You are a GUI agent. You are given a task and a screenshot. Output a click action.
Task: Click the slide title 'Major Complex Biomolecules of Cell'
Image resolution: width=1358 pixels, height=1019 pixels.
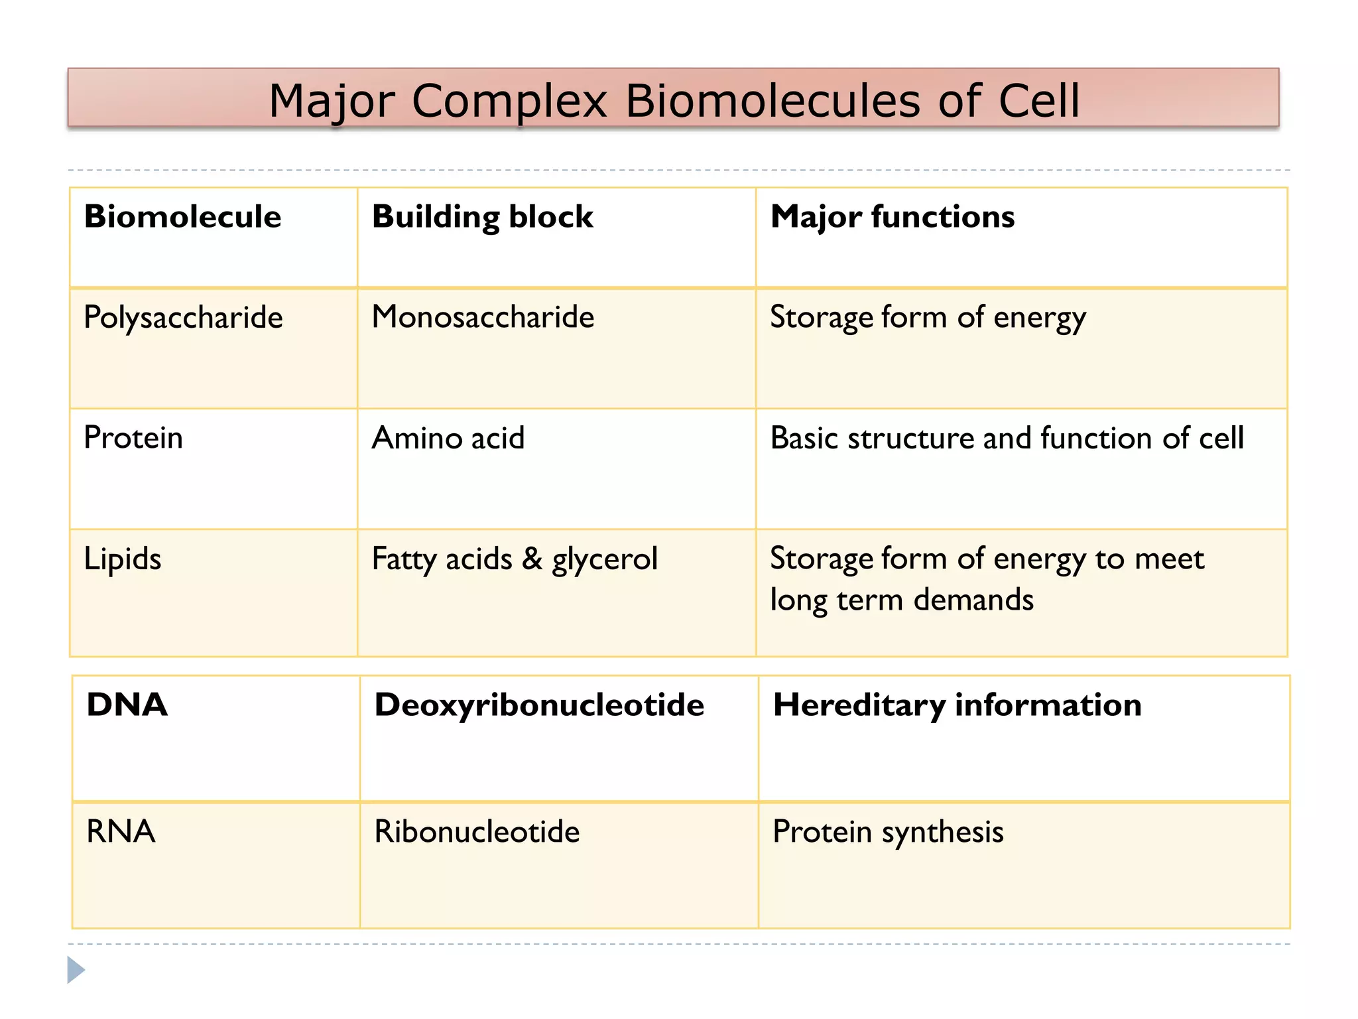[674, 101]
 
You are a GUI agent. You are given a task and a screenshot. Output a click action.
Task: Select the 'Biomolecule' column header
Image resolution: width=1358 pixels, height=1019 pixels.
[183, 217]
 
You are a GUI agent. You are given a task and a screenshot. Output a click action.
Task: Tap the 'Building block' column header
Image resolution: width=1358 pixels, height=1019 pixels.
[483, 217]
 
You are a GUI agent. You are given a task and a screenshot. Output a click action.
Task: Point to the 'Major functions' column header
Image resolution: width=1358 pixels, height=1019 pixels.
[893, 217]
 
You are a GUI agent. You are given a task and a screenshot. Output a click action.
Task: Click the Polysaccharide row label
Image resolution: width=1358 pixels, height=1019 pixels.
[184, 318]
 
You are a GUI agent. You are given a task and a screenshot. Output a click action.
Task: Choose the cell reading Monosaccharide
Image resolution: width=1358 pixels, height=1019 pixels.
[483, 317]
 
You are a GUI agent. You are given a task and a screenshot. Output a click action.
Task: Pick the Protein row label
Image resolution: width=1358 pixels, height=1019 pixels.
[133, 438]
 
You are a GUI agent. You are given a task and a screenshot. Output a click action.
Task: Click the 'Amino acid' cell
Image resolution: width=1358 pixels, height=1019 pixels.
[448, 439]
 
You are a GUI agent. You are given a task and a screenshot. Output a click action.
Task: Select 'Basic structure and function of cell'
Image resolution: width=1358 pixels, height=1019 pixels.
[1007, 439]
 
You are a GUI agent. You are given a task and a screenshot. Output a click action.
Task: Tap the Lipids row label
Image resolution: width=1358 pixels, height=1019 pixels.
[123, 559]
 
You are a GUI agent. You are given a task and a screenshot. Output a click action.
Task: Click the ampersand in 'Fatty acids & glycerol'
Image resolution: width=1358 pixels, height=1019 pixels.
[532, 559]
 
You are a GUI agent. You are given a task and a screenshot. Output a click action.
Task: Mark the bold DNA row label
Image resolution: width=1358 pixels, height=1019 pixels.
[127, 705]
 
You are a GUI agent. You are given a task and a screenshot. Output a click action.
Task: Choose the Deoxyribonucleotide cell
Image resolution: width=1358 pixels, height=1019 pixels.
[539, 705]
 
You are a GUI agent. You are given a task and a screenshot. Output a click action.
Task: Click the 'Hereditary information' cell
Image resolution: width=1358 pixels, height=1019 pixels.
[957, 705]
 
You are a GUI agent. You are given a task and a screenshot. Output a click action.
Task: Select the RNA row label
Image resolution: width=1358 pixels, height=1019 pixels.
[121, 832]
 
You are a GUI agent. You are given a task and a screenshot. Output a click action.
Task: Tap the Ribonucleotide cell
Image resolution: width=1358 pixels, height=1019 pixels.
[477, 832]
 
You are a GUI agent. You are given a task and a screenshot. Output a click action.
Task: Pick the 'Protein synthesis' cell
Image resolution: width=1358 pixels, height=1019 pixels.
[889, 833]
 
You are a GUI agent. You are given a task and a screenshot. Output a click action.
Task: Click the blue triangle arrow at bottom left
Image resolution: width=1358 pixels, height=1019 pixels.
[76, 970]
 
